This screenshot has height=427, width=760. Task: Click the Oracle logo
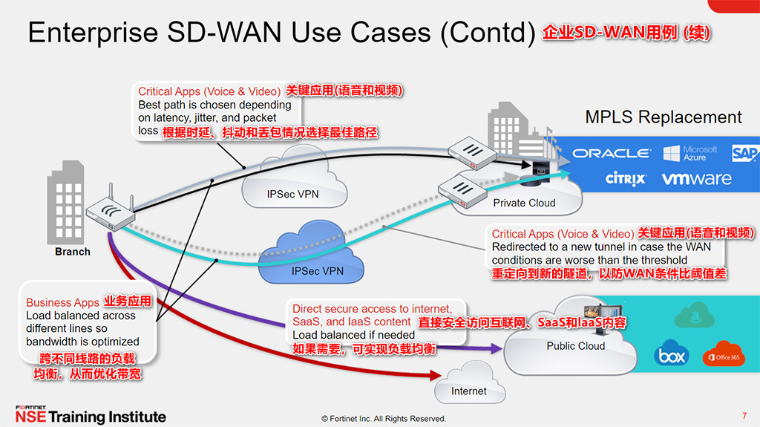pos(611,154)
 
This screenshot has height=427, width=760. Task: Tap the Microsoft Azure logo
pos(690,154)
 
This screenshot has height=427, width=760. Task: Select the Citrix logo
pos(625,179)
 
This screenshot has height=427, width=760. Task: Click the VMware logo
pos(696,179)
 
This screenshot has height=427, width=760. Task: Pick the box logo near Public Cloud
pos(671,356)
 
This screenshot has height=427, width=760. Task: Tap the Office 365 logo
pos(724,355)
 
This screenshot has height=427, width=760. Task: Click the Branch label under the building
pos(73,252)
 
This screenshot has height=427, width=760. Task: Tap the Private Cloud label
pos(524,203)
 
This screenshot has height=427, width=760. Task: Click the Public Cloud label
pos(575,345)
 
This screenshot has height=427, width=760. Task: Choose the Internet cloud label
pos(469,391)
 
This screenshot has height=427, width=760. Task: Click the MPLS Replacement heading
pos(663,117)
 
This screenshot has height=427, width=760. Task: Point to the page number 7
pos(744,415)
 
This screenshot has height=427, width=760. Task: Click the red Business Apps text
pos(62,302)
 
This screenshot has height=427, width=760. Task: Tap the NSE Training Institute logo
pos(91,415)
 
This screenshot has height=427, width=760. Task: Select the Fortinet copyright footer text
pos(384,418)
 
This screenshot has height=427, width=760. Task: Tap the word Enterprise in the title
pos(93,33)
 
